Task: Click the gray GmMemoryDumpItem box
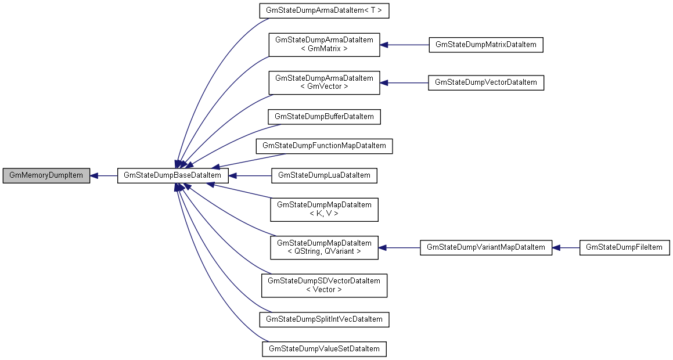[x=46, y=175]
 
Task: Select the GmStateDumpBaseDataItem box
[x=169, y=175]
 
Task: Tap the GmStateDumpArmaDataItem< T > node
[x=324, y=10]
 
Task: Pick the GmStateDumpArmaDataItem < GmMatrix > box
[x=324, y=44]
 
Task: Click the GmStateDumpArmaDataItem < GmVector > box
[x=324, y=82]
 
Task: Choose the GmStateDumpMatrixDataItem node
[x=485, y=45]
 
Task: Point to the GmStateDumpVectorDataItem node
[x=485, y=82]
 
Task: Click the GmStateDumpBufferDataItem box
[x=324, y=117]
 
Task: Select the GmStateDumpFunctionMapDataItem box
[x=324, y=146]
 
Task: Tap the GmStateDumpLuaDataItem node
[x=324, y=175]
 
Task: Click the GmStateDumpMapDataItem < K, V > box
[x=324, y=209]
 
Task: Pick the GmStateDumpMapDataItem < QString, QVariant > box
[x=324, y=247]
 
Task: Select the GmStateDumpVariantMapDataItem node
[x=485, y=247]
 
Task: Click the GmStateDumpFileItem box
[x=624, y=247]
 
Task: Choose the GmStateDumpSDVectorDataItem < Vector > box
[x=324, y=285]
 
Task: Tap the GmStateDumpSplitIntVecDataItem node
[x=324, y=319]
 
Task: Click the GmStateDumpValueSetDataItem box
[x=324, y=349]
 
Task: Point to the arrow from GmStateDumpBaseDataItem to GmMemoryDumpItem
[x=104, y=175]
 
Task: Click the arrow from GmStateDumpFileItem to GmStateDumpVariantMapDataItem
[x=566, y=247]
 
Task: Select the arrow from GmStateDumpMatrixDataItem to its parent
[x=404, y=45]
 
